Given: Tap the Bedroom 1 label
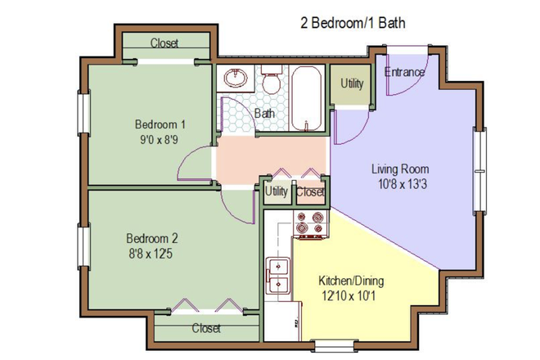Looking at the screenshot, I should pyautogui.click(x=160, y=124).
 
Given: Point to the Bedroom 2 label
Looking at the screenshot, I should pyautogui.click(x=152, y=238).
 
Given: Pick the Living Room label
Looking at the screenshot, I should pyautogui.click(x=400, y=169).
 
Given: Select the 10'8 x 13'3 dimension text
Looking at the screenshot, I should pyautogui.click(x=400, y=184).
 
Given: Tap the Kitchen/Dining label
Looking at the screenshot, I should pyautogui.click(x=350, y=281).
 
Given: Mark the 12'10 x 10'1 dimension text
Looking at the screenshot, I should pyautogui.click(x=350, y=295).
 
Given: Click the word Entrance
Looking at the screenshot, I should pyautogui.click(x=405, y=72).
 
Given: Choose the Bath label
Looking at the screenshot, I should pyautogui.click(x=264, y=114).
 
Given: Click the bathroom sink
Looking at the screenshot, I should pyautogui.click(x=236, y=79).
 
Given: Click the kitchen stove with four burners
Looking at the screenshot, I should pyautogui.click(x=310, y=223).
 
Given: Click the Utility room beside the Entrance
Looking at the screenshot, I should pyautogui.click(x=352, y=84).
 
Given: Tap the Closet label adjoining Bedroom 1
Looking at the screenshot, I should pyautogui.click(x=164, y=43).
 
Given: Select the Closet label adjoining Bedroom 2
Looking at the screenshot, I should pyautogui.click(x=206, y=328).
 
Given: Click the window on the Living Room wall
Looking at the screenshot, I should pyautogui.click(x=479, y=169).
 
